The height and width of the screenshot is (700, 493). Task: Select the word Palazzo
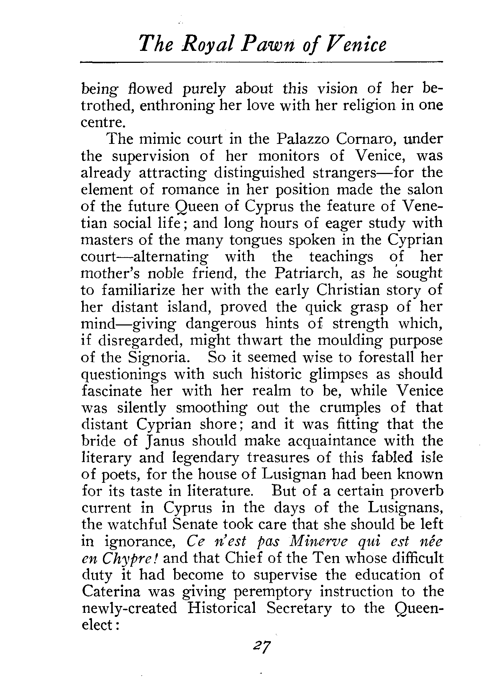(x=302, y=139)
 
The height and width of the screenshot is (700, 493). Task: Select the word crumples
(x=350, y=408)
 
